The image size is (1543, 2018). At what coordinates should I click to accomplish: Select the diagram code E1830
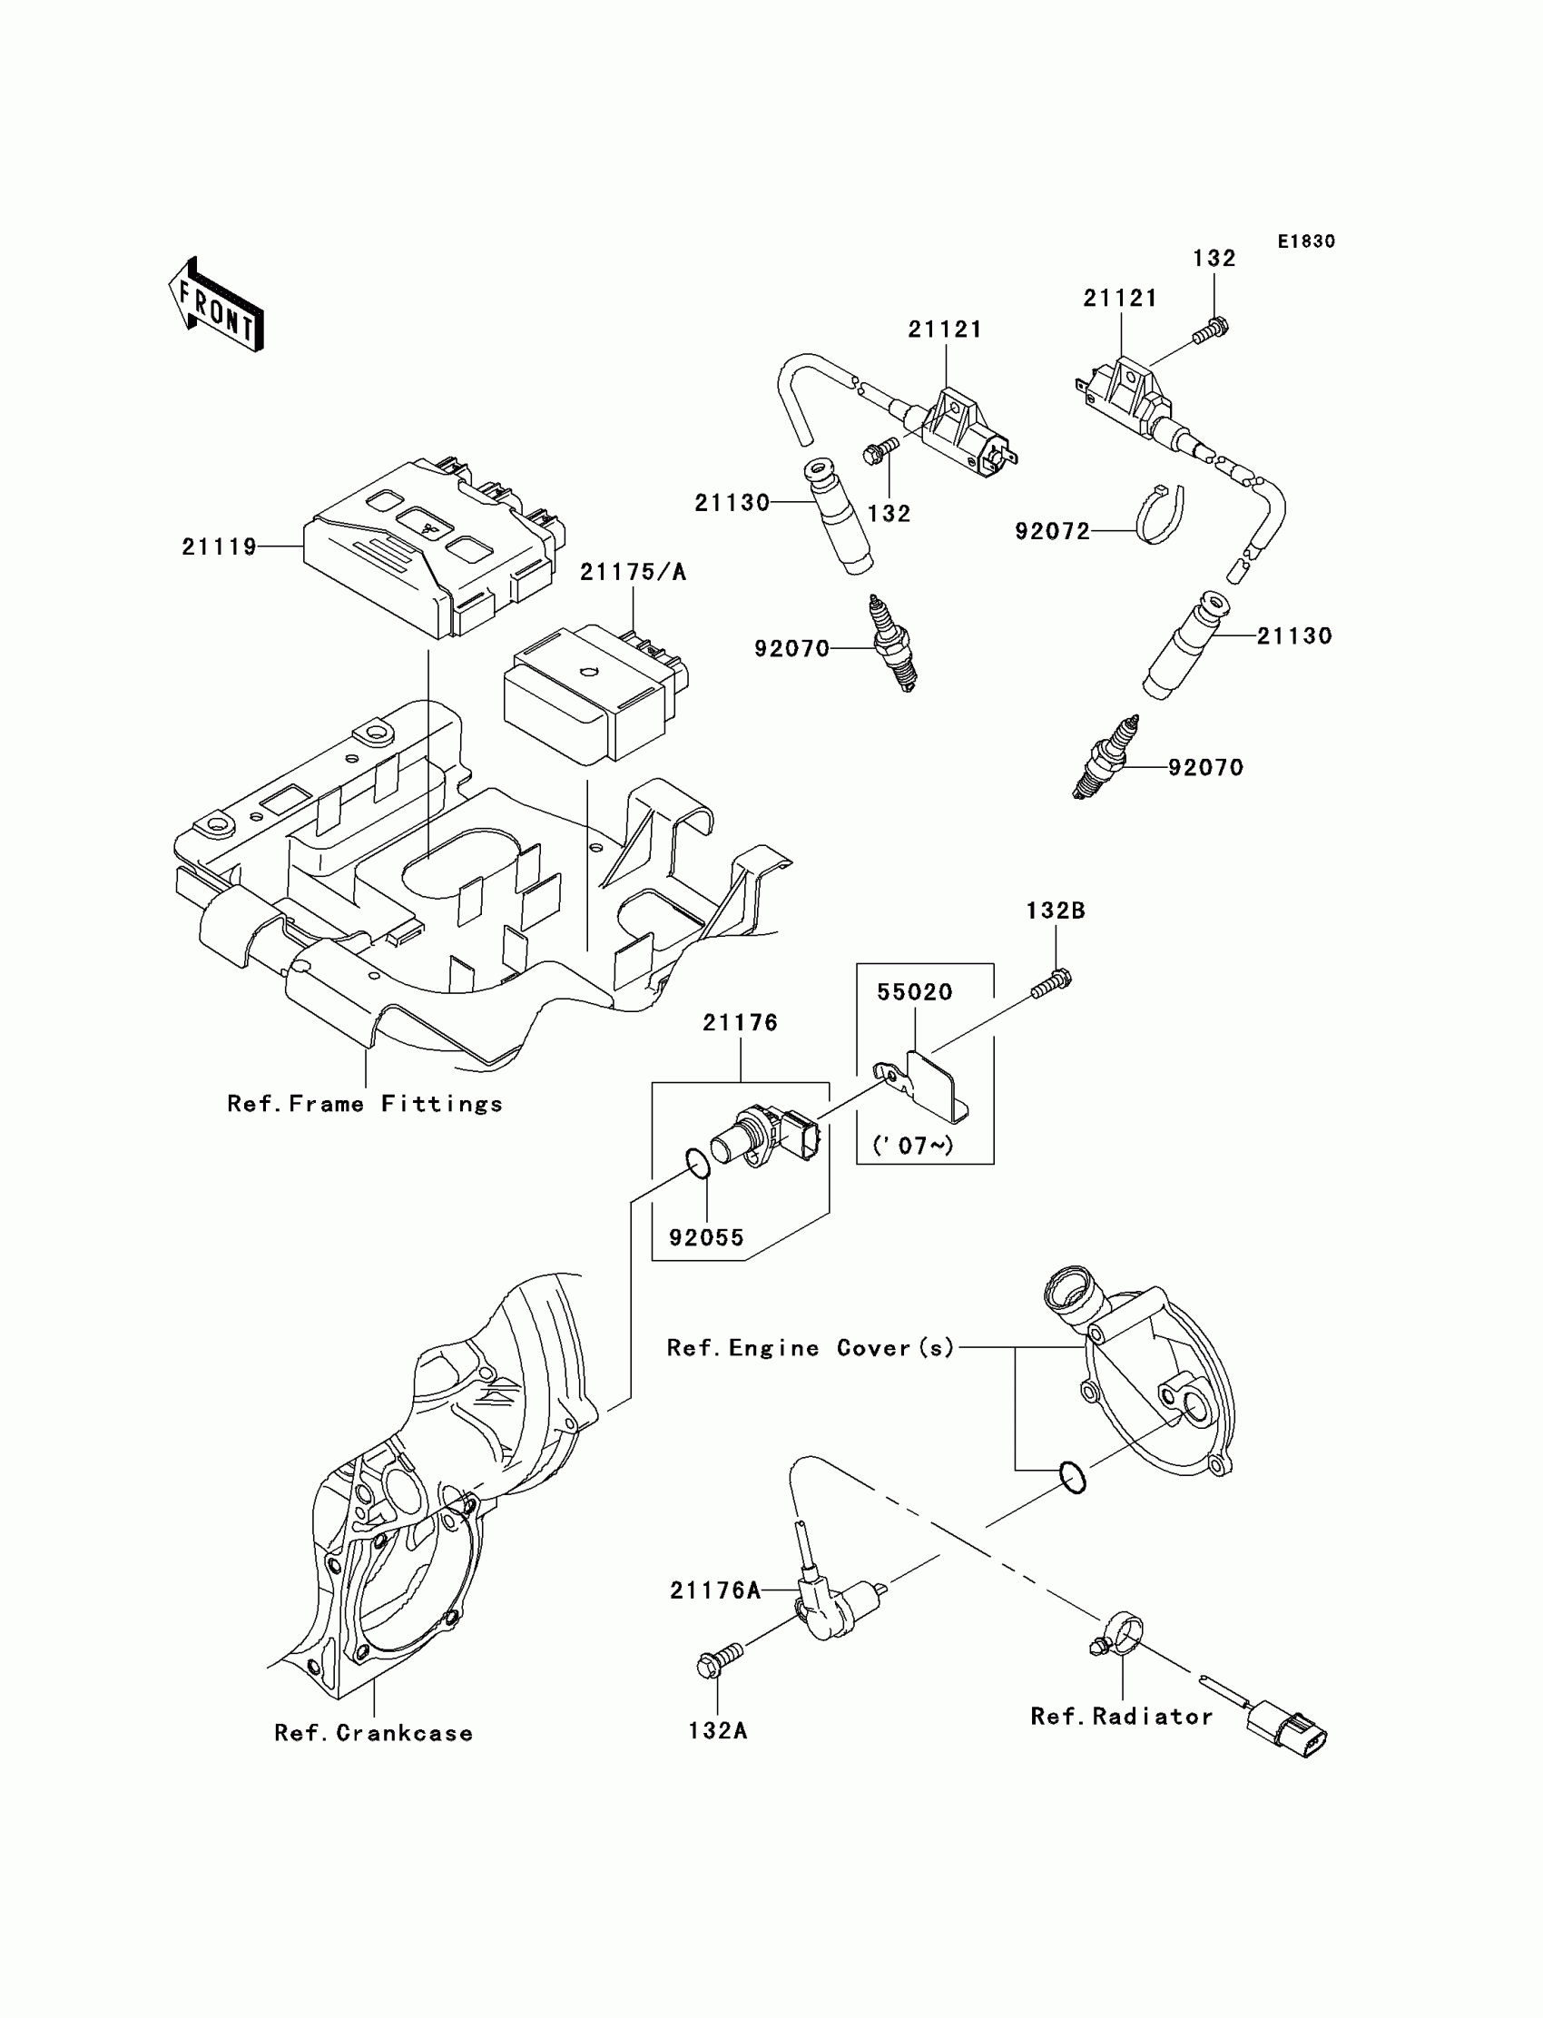1306,241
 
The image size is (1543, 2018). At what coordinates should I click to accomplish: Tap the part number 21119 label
220,546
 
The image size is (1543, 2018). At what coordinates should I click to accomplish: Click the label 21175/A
633,572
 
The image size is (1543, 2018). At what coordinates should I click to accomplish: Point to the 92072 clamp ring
1161,515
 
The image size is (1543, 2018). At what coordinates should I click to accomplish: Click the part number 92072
1053,531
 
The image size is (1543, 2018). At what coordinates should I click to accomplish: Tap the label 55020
915,992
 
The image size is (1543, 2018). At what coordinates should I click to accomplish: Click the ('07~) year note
913,1146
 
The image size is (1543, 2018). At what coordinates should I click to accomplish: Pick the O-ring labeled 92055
698,1167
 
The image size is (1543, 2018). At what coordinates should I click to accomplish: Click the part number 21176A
715,1590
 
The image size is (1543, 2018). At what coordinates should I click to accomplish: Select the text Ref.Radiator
1122,1717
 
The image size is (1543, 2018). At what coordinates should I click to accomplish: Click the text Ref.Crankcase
374,1733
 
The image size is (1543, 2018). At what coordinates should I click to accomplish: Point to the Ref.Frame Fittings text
366,1104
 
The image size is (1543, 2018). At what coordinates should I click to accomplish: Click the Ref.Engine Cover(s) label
811,1347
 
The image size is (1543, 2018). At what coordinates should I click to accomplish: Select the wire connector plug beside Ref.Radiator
1286,1731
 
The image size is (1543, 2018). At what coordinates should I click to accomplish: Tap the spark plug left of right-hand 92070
1106,759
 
